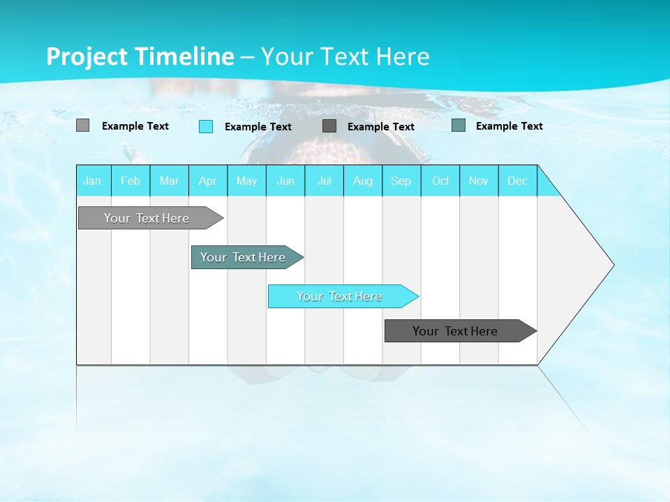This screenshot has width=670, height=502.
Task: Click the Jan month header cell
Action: click(93, 181)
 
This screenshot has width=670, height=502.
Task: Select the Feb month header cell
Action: click(131, 181)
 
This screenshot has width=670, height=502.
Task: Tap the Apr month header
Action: click(208, 181)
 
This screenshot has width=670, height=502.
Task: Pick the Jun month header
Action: click(285, 181)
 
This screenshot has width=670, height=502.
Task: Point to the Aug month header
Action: click(363, 181)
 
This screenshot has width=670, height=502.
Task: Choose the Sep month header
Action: click(401, 181)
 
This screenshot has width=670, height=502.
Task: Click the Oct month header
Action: click(440, 181)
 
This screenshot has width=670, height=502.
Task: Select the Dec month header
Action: click(518, 181)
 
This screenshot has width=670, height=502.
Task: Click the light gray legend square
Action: click(82, 125)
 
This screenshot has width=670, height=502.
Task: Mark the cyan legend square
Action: click(206, 126)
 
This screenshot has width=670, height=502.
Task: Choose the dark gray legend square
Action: click(329, 125)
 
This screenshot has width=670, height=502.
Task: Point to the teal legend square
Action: click(459, 125)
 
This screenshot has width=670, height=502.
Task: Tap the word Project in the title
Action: click(87, 56)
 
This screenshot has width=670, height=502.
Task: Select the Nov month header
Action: click(479, 181)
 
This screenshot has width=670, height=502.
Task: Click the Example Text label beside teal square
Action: click(509, 126)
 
